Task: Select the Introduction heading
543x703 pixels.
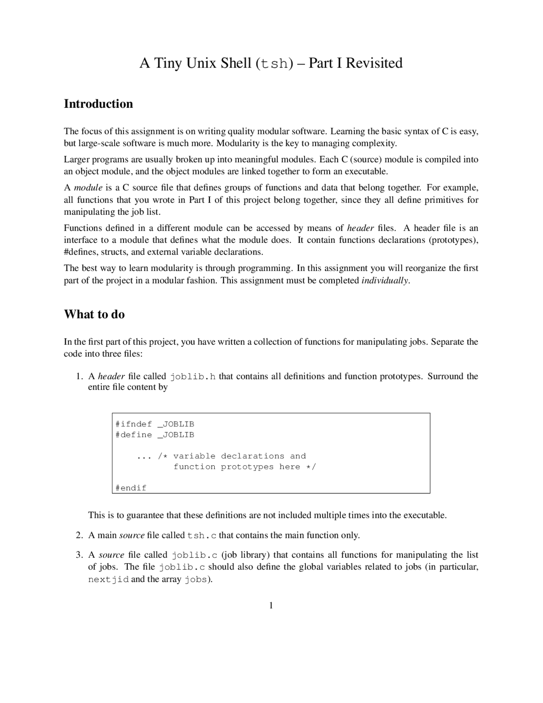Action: [98, 104]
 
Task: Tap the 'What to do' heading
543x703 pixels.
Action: [94, 315]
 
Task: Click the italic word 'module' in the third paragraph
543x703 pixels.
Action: [88, 188]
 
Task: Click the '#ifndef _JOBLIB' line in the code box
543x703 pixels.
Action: [154, 424]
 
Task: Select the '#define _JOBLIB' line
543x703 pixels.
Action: [154, 435]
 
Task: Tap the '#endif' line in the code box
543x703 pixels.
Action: [131, 488]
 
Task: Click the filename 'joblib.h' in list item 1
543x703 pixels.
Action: [193, 377]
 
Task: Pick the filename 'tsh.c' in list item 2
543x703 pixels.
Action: [202, 535]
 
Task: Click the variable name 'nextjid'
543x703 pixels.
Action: [108, 579]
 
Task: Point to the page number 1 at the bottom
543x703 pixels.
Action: [271, 605]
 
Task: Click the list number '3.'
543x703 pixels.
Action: [79, 555]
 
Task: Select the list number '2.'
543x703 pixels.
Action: [79, 535]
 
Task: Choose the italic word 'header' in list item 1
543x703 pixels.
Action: [111, 377]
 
